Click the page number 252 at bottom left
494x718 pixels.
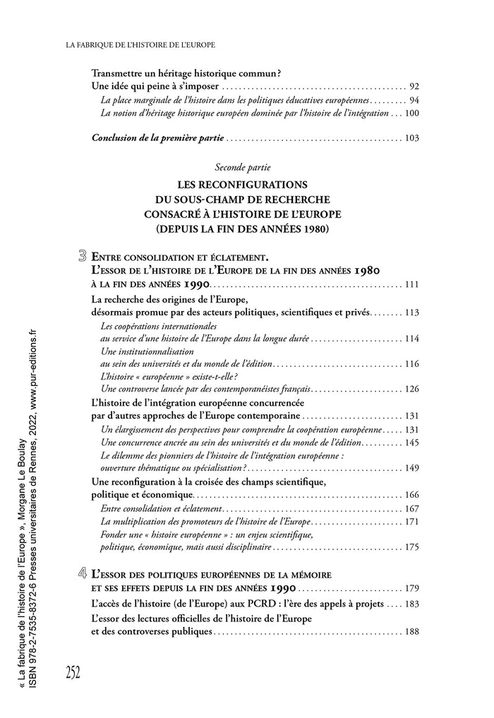(x=73, y=672)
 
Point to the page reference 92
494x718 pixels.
(x=414, y=86)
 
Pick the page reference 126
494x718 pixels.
(x=412, y=389)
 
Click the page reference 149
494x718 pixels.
(x=412, y=468)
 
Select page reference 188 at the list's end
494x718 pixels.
(x=412, y=632)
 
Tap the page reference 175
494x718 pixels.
(x=412, y=547)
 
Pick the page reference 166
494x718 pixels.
(x=412, y=496)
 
